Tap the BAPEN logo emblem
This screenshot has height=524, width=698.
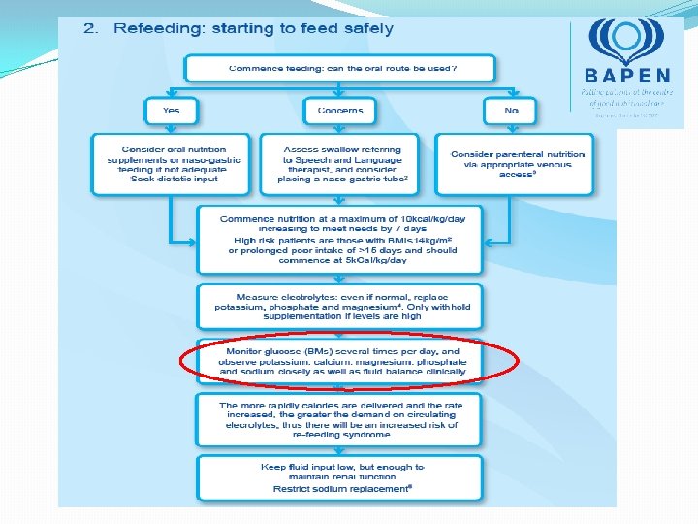tap(627, 43)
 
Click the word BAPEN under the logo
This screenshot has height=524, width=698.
tap(627, 76)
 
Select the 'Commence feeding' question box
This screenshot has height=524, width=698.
tap(340, 69)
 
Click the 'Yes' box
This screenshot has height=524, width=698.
tap(171, 111)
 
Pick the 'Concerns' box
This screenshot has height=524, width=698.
tap(340, 111)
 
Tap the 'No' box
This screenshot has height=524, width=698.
tap(511, 111)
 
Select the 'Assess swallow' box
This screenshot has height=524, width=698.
tap(340, 162)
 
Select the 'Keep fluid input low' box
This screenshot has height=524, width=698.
tap(340, 477)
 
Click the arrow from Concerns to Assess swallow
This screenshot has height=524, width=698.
tap(340, 128)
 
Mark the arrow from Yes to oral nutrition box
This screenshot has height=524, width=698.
tap(171, 128)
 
